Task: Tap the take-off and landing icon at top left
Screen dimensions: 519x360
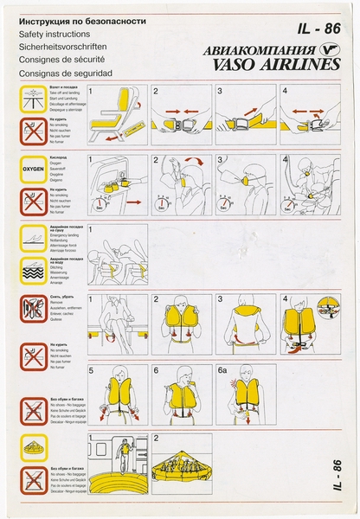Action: tap(33, 100)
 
